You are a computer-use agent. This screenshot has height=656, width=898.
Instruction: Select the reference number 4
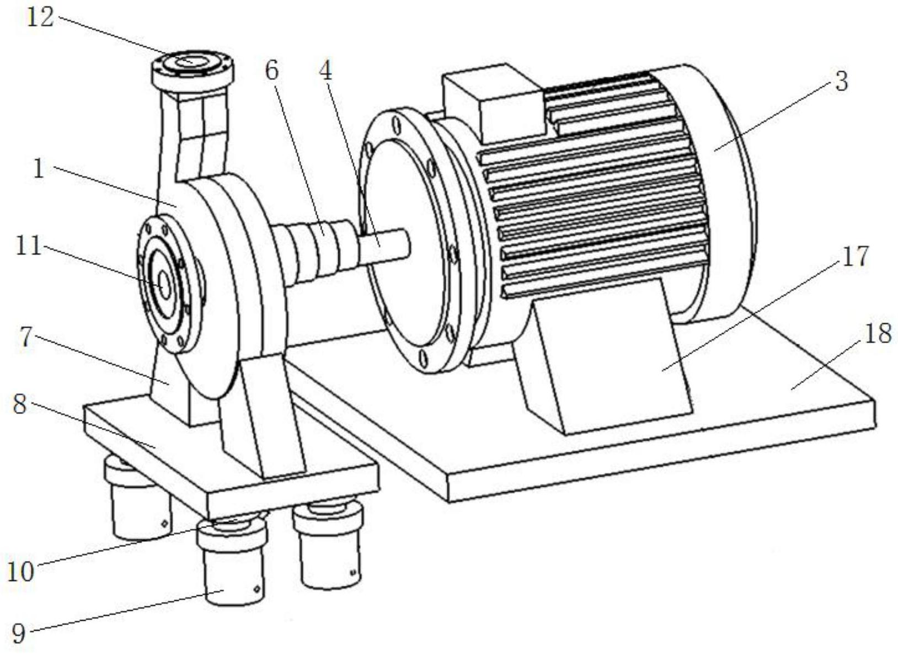(x=325, y=72)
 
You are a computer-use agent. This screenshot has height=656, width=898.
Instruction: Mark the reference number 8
(x=19, y=405)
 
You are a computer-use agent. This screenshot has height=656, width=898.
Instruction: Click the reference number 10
(x=20, y=572)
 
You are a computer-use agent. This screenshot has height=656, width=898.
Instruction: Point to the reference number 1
(x=39, y=169)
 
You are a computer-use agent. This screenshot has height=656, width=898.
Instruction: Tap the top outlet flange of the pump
(x=193, y=70)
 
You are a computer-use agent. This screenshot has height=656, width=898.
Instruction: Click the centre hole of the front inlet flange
(x=165, y=285)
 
